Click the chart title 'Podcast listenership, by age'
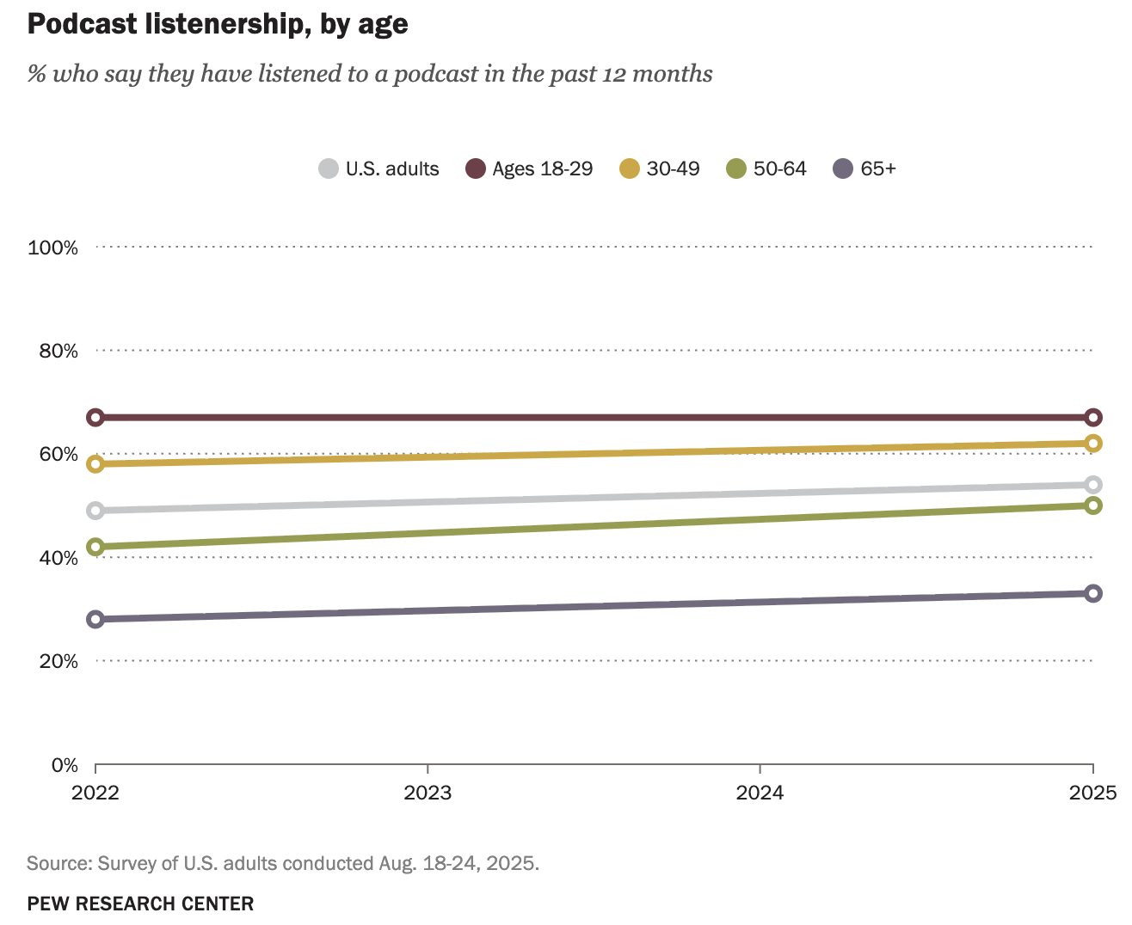[218, 24]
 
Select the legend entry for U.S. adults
[378, 168]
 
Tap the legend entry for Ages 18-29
[529, 168]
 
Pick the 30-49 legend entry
[660, 168]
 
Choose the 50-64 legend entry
[767, 168]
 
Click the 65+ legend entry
[865, 168]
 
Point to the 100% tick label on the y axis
[53, 248]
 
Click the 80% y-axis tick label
[58, 351]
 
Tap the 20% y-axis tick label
[58, 661]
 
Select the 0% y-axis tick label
[63, 765]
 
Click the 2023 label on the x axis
[428, 793]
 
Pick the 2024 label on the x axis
[760, 793]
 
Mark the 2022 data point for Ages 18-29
[95, 418]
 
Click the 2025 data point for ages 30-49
[1093, 444]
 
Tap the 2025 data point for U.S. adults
[1093, 485]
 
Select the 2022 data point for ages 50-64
[95, 547]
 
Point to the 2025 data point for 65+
[1093, 593]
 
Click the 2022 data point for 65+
[95, 619]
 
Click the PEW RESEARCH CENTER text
[140, 904]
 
